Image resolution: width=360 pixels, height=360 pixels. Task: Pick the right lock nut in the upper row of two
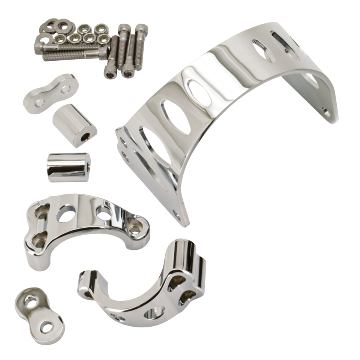point(99,28)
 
